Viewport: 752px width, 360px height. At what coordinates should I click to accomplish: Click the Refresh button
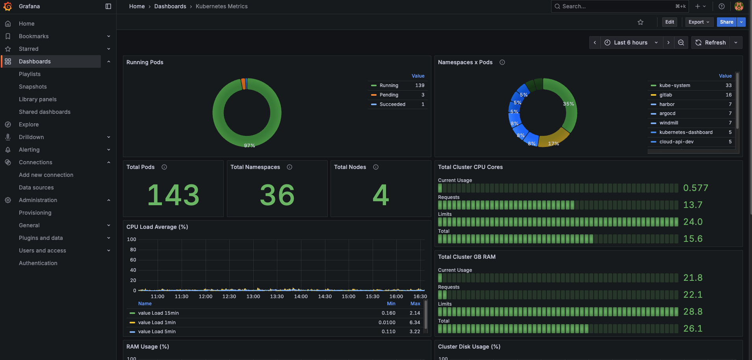tap(711, 43)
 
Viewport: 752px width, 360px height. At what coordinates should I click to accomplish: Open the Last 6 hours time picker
tap(630, 43)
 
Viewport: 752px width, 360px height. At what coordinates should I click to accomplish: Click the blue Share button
tap(726, 22)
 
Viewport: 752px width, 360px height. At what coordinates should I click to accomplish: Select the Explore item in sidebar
tap(29, 124)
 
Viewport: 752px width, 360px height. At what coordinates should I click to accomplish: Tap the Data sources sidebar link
tap(36, 187)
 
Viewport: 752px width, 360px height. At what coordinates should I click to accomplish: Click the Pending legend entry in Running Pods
tap(388, 95)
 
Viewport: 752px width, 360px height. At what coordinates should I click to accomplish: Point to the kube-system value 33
tap(728, 85)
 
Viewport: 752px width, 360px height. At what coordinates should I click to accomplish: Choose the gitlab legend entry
tap(665, 95)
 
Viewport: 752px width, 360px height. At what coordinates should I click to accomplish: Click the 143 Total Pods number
tap(173, 195)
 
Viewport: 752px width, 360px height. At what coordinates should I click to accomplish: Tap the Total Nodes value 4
tap(381, 195)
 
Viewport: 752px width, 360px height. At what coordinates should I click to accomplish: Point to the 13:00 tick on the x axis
tap(253, 297)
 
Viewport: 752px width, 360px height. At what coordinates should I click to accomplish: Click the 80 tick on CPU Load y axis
tap(133, 250)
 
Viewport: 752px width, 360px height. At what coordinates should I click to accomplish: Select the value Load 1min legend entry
tap(157, 323)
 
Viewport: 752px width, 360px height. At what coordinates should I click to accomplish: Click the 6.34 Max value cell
tap(414, 323)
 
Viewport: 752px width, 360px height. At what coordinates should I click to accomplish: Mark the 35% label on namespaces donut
tap(568, 104)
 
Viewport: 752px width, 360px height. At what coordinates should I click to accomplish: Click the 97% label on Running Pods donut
tap(249, 145)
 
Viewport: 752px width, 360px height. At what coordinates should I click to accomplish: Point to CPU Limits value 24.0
tap(693, 222)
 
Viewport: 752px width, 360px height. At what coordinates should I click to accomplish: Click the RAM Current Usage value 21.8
tap(693, 278)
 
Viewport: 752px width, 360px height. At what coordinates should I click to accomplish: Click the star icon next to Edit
tap(641, 22)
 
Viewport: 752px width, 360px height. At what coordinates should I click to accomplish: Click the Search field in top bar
tap(615, 6)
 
